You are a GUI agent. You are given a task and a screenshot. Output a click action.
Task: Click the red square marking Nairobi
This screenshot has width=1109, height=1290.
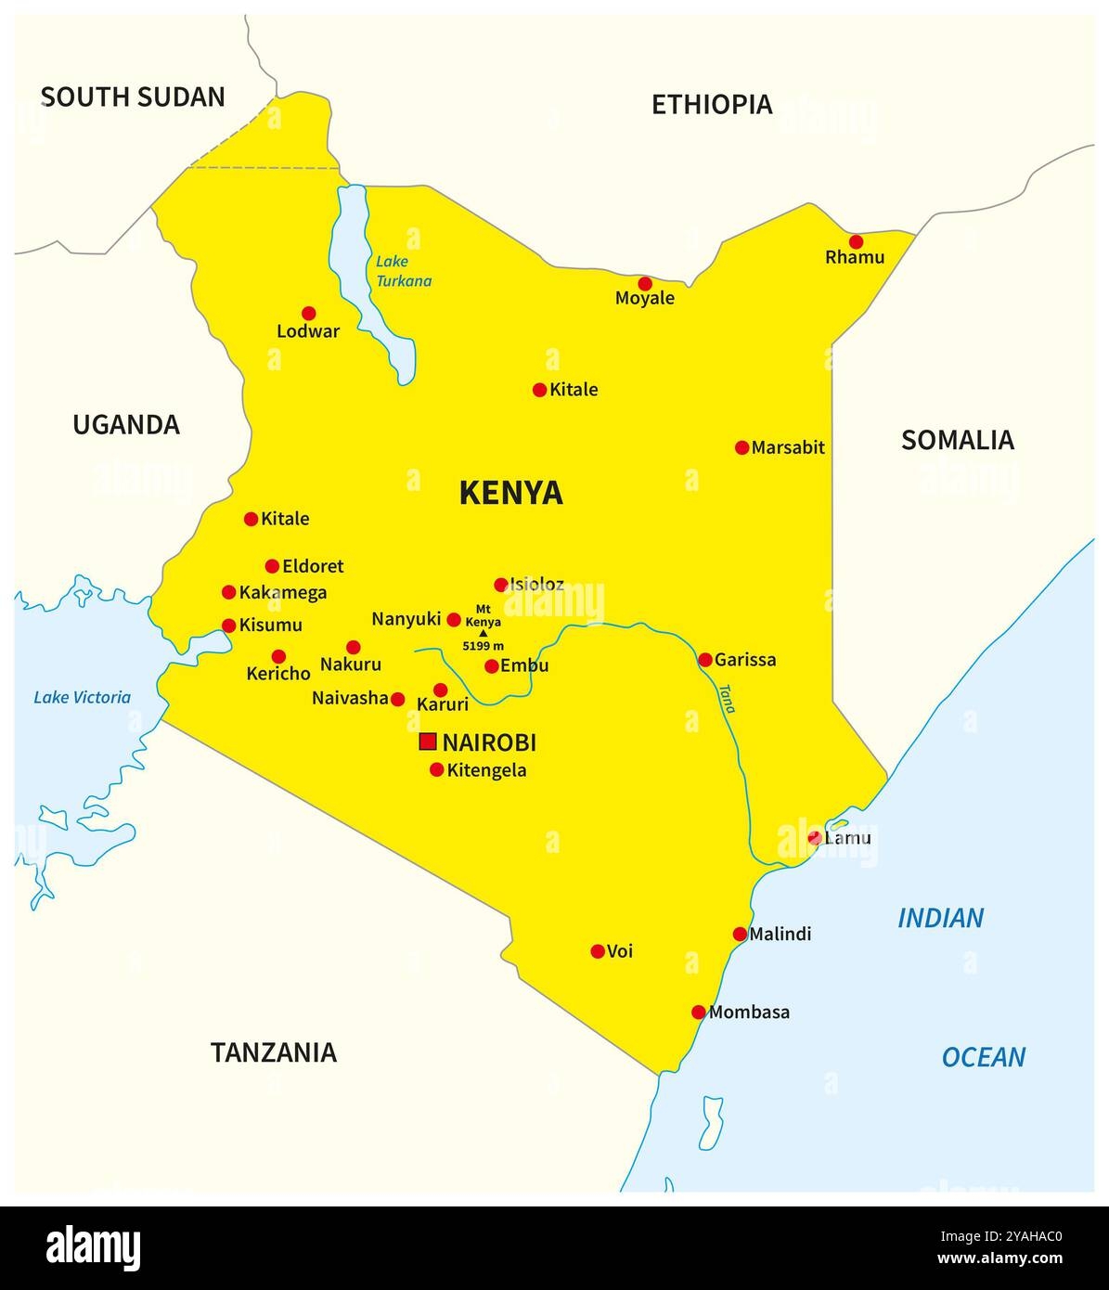tap(428, 742)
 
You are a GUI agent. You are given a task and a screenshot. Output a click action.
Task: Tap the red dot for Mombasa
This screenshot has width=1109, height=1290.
tap(699, 1012)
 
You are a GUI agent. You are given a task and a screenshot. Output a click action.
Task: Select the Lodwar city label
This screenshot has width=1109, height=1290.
tap(308, 331)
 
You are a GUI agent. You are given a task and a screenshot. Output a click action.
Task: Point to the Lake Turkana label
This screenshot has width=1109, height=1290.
tap(404, 271)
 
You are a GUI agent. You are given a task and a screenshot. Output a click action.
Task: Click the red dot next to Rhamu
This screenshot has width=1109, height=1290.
tap(856, 242)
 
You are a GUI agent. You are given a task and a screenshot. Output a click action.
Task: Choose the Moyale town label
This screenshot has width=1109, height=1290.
tap(645, 299)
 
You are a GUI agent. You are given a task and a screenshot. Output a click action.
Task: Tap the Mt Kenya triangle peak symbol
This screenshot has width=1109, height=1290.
tap(483, 633)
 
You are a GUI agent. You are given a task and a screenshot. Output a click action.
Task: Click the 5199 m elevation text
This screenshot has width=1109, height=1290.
tap(483, 646)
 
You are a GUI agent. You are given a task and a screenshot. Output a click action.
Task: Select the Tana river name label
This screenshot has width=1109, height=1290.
tap(727, 698)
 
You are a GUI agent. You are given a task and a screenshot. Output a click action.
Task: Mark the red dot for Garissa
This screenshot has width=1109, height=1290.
tap(705, 660)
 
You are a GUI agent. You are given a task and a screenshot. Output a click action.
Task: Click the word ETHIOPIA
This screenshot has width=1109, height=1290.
tap(712, 104)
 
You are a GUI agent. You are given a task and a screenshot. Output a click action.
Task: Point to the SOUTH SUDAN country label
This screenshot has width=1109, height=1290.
tap(133, 97)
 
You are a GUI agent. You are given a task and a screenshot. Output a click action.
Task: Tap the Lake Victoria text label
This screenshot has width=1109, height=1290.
tap(82, 697)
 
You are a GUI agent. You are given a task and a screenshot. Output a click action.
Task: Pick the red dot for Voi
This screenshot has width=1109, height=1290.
tap(598, 951)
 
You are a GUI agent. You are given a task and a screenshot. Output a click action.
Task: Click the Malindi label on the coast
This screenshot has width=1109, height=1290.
tap(780, 934)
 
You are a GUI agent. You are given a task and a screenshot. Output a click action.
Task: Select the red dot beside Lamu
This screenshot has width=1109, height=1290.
tap(814, 838)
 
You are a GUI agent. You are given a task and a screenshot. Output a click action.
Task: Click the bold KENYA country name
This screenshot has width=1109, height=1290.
tap(510, 493)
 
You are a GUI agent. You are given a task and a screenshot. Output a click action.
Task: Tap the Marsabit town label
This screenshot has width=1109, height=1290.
tap(787, 447)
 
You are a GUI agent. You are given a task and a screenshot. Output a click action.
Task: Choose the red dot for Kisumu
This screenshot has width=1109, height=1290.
tap(229, 626)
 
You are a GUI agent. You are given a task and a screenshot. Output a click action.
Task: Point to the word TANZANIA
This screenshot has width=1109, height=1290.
tap(273, 1052)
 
